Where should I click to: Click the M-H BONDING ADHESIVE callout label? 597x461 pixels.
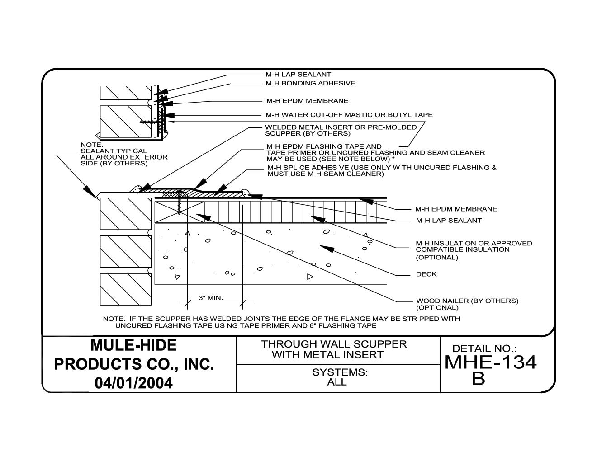(310, 83)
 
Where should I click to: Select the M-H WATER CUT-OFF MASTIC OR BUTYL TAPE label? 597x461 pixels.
(349, 115)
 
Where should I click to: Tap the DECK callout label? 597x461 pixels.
(426, 274)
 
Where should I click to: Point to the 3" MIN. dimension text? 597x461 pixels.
(211, 298)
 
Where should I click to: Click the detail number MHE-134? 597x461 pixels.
(490, 362)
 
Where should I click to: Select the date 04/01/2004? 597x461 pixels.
(133, 383)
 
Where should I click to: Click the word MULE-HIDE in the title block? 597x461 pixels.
(133, 345)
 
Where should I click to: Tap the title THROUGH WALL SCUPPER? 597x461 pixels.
(334, 344)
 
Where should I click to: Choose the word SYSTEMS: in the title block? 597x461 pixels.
(340, 372)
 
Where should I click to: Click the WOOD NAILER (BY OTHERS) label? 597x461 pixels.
(467, 301)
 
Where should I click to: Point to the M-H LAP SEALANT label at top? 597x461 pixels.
(298, 74)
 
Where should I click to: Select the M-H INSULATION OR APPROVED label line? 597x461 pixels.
(474, 244)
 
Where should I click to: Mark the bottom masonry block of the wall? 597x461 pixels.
(125, 289)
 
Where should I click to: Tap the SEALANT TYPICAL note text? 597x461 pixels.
(114, 151)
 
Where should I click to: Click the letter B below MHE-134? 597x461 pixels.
(478, 379)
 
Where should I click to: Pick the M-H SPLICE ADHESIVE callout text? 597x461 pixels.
(381, 168)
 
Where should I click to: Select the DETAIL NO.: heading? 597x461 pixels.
(484, 348)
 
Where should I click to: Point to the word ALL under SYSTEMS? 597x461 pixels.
(337, 382)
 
